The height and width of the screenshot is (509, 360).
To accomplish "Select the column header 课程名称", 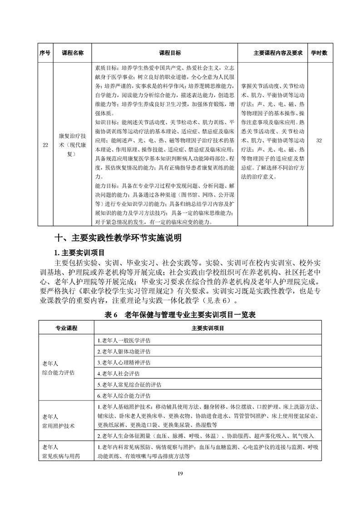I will coord(73,53).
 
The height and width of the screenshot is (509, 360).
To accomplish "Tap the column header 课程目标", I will coord(164,53).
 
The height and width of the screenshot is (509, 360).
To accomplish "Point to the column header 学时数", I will coord(319,53).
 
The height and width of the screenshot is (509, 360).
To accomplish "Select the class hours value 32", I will coord(319,141).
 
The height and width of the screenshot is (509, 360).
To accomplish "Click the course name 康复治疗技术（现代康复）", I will coord(73,141).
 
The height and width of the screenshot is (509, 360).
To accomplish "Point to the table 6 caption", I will coord(180,316).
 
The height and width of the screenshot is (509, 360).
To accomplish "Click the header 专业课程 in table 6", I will coord(66,328).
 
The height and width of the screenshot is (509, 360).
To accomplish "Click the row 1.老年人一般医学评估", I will coord(124,340).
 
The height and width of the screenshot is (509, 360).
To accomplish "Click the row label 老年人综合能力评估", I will coord(59,367).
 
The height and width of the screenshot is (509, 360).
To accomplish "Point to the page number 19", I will coord(180,474).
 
